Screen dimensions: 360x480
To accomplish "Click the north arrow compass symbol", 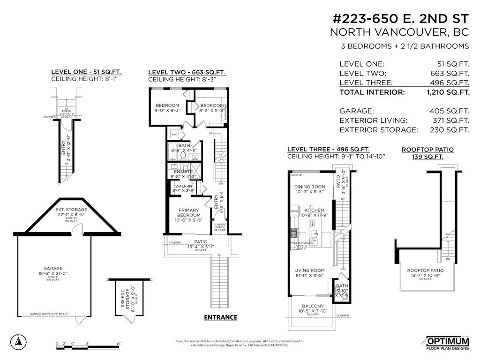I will [x=18, y=341].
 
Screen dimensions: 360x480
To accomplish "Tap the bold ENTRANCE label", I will [x=220, y=317].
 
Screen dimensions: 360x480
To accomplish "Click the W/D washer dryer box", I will [x=174, y=134].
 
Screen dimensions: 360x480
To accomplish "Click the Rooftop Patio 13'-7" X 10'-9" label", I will [x=424, y=274].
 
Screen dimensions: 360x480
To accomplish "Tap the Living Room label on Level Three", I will [x=309, y=273].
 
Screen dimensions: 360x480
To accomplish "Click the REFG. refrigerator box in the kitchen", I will [x=295, y=212].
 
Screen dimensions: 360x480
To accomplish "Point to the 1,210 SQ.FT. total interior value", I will [x=448, y=92].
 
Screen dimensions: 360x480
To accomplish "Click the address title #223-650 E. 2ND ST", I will [x=400, y=19].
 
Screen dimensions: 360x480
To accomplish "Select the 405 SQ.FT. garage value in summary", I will [x=449, y=111].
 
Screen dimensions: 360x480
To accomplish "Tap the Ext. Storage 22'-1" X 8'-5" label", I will [x=71, y=212].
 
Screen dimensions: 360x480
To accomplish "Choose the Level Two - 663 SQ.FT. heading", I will [x=187, y=72].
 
